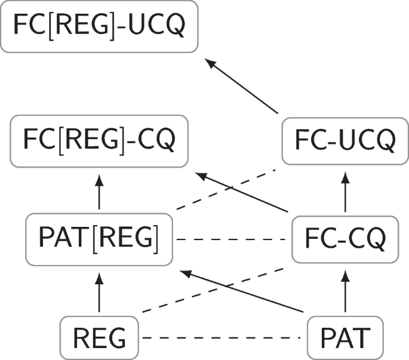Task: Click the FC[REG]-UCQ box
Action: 99,26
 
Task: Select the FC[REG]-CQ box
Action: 99,141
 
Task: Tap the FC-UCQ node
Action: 345,141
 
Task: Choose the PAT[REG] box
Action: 99,239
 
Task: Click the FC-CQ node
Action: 345,239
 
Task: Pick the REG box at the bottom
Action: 99,338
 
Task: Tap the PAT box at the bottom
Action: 345,338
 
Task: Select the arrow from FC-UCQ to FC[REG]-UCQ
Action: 242,85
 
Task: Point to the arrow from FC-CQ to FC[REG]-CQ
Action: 242,193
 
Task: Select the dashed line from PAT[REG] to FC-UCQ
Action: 227,189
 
